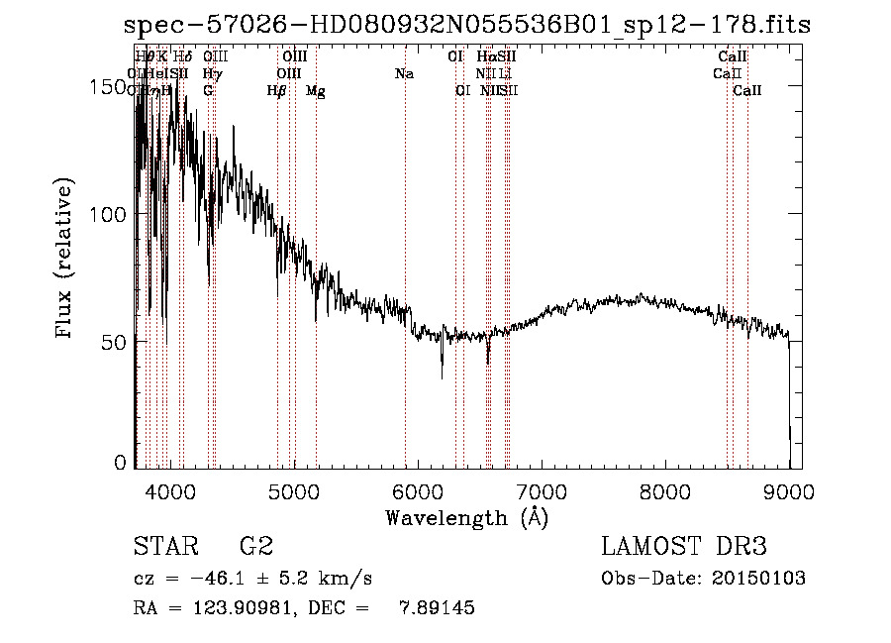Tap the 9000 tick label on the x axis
point(789,491)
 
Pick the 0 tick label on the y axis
point(122,462)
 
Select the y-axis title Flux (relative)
point(65,260)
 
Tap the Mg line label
point(315,91)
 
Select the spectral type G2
point(256,547)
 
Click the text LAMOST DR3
point(683,547)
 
